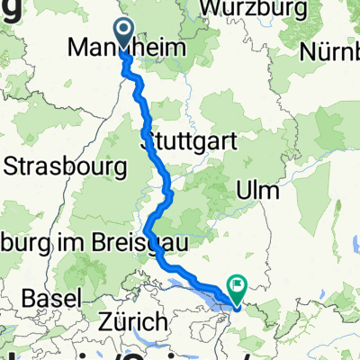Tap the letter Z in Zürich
coord(112,321)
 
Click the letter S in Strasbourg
coord(12,166)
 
